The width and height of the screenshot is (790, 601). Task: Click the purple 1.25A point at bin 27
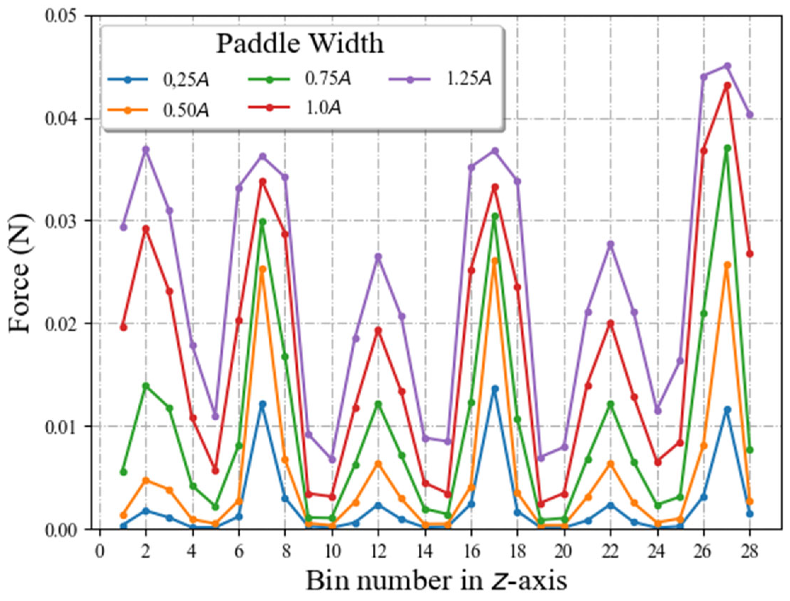(727, 66)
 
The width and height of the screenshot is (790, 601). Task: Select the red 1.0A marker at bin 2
(145, 229)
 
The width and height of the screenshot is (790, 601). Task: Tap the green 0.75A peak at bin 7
(263, 222)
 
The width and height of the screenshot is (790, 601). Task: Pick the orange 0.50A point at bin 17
(495, 261)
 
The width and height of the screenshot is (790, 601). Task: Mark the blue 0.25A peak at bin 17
(495, 389)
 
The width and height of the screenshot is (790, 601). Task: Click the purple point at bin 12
(378, 257)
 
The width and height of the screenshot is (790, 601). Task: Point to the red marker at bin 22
(611, 323)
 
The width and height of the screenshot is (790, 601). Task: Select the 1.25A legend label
(469, 80)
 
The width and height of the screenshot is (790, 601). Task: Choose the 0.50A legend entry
(186, 111)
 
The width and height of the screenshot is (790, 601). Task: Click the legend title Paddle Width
(300, 45)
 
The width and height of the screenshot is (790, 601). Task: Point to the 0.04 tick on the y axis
(68, 118)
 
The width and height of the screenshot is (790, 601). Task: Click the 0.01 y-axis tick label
(68, 426)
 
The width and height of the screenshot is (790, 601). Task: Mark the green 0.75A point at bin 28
(750, 450)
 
